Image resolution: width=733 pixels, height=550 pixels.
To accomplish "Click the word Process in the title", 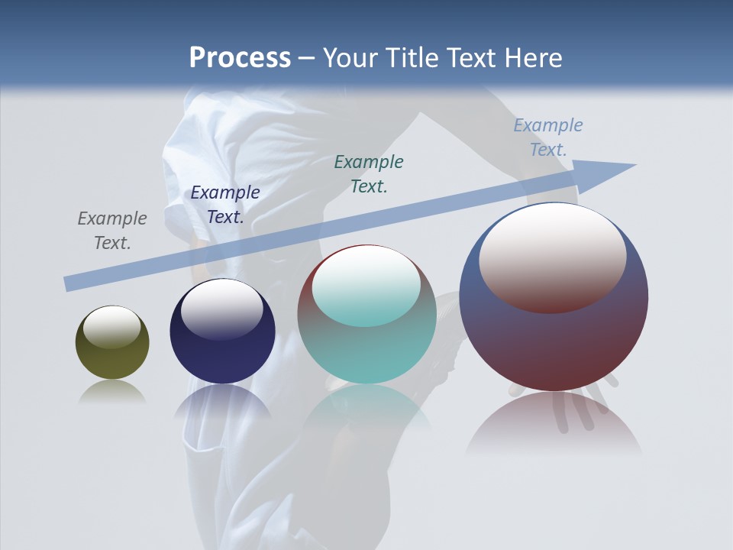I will pyautogui.click(x=240, y=58).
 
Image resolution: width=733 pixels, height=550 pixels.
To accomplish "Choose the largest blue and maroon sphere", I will pyautogui.click(x=554, y=344).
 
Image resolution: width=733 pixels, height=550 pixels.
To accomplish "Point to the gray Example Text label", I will pyautogui.click(x=112, y=231).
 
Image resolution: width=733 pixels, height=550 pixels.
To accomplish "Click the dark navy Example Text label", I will pyautogui.click(x=225, y=205).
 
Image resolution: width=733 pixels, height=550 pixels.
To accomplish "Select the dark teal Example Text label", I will pyautogui.click(x=369, y=173).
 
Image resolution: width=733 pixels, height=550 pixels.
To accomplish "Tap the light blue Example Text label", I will pyautogui.click(x=547, y=137).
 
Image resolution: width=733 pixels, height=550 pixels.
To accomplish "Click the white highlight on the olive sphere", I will pyautogui.click(x=111, y=326).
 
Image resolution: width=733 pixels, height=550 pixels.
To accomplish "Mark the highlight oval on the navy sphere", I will pyautogui.click(x=221, y=309).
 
